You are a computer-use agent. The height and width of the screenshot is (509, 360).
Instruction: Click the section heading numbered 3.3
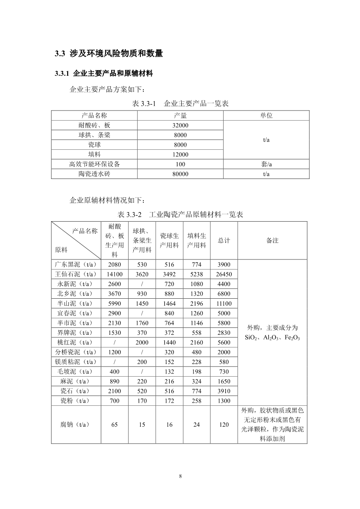pyautogui.click(x=109, y=54)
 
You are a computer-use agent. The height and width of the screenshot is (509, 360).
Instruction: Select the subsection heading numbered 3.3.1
pyautogui.click(x=104, y=74)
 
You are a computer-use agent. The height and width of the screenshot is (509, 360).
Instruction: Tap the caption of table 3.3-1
pyautogui.click(x=180, y=104)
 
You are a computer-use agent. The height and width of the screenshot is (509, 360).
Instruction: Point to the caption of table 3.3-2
pyautogui.click(x=180, y=215)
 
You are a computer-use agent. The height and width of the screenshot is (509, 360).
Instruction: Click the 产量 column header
pyautogui.click(x=180, y=115)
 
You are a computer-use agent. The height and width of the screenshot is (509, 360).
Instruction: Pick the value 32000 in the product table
pyautogui.click(x=180, y=125)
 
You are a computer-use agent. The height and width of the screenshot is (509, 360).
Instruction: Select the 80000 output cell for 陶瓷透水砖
pyautogui.click(x=180, y=174)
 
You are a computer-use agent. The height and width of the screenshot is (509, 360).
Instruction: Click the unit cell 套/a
pyautogui.click(x=266, y=164)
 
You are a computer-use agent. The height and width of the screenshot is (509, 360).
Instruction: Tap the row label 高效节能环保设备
pyautogui.click(x=95, y=164)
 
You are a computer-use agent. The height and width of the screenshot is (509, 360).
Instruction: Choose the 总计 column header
pyautogui.click(x=224, y=240)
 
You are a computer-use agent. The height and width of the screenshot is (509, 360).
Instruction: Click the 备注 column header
pyautogui.click(x=272, y=240)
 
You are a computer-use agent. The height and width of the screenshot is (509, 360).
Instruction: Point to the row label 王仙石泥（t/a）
pyautogui.click(x=76, y=274)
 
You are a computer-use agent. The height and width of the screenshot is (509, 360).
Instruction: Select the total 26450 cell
pyautogui.click(x=224, y=274)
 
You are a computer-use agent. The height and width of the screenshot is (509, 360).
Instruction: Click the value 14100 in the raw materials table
pyautogui.click(x=115, y=274)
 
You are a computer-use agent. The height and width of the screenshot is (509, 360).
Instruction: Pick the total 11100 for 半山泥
pyautogui.click(x=224, y=303)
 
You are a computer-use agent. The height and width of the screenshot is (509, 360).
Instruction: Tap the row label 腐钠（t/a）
pyautogui.click(x=76, y=425)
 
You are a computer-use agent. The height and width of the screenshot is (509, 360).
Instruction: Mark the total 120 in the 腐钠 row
pyautogui.click(x=224, y=425)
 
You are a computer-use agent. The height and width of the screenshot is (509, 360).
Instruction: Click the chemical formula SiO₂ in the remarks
pyautogui.click(x=251, y=338)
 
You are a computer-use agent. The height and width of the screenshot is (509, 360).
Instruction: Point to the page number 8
pyautogui.click(x=180, y=476)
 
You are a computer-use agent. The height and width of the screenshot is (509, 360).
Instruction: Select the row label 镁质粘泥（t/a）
pyautogui.click(x=76, y=362)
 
